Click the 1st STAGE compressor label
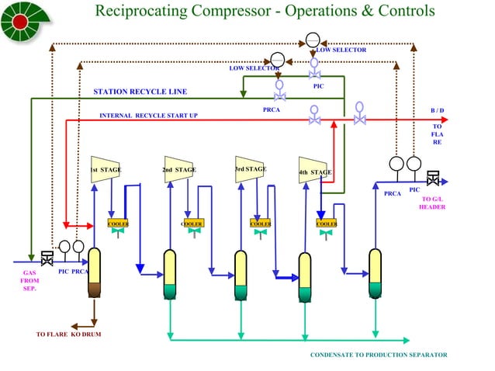click(104, 170)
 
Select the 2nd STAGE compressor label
click(178, 169)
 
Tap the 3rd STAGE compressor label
click(250, 168)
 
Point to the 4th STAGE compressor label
click(315, 172)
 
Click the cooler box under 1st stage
click(118, 224)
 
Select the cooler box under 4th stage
click(327, 224)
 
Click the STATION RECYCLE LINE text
click(140, 92)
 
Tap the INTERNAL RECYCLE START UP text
click(148, 116)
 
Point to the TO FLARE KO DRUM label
click(68, 335)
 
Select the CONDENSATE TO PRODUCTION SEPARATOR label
click(379, 355)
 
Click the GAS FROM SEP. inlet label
click(29, 280)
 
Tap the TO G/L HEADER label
click(432, 203)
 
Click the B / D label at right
click(438, 110)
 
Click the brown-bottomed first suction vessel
click(95, 273)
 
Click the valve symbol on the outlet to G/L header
click(434, 178)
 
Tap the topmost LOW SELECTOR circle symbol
click(312, 40)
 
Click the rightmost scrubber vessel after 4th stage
click(376, 273)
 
